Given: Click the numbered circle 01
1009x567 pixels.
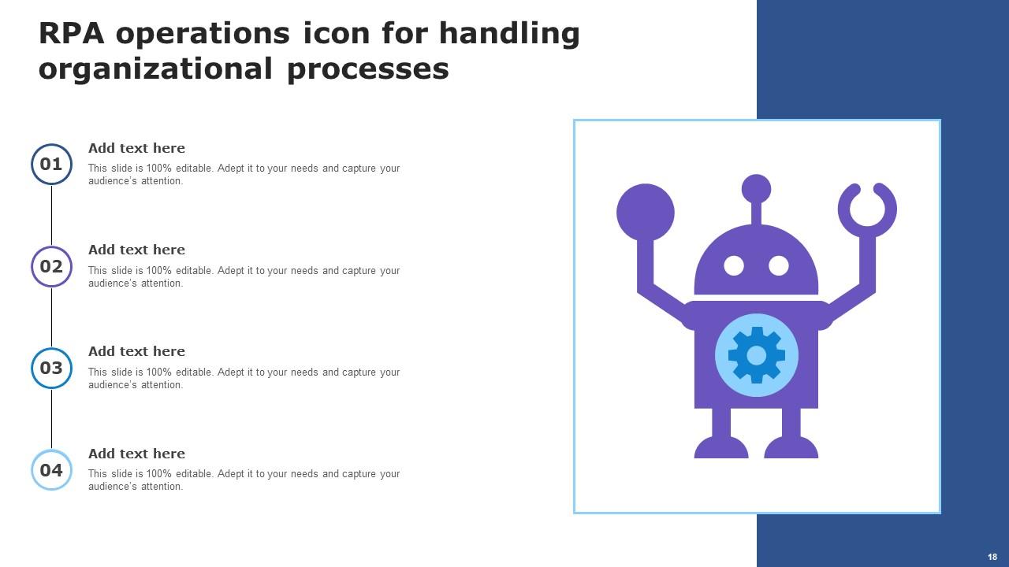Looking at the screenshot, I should pos(51,164).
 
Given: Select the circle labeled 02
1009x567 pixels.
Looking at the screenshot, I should pos(51,266).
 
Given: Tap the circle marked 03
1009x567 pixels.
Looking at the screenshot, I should pos(51,368).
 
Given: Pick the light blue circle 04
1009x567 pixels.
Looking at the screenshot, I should pos(51,470).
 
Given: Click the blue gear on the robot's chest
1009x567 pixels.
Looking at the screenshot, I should pos(756,355).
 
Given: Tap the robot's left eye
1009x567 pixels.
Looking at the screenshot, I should pos(734,265).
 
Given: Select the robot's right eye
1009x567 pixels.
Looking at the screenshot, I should pos(779,265).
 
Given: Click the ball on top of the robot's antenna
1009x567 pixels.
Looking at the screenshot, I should pos(756,189).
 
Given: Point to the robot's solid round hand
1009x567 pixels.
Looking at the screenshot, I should pos(645,212).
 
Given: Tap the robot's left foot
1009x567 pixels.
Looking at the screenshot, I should pos(720,448).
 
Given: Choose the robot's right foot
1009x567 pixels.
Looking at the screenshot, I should pos(791,448).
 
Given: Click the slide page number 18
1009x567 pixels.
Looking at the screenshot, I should pos(992,557).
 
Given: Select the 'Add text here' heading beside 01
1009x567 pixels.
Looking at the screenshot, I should pos(136,148).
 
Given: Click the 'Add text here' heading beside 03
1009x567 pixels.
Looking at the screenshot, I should pos(136,351).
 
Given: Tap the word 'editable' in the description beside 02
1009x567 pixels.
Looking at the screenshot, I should pos(195,271).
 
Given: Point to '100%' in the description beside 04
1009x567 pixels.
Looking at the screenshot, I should pos(159,474).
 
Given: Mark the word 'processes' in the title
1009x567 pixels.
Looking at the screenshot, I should pos(368,69).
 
